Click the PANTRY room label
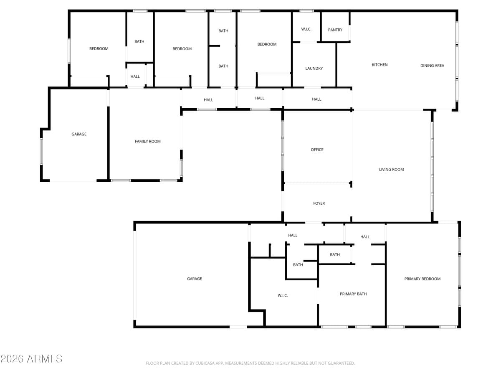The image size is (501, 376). (335, 30)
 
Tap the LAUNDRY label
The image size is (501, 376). (314, 69)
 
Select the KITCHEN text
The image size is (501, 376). (380, 65)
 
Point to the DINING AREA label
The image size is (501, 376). (432, 66)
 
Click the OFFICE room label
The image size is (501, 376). (317, 150)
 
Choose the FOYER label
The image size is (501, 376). (319, 203)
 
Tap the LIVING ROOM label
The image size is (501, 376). (392, 170)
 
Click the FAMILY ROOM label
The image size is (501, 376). (148, 142)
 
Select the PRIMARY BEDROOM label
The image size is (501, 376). (423, 279)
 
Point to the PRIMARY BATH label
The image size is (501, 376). (353, 294)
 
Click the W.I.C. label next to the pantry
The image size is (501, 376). (306, 29)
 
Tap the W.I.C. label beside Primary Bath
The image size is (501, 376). (283, 296)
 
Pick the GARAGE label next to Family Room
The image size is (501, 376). (79, 134)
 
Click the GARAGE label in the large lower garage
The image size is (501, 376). (195, 279)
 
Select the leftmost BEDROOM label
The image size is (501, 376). (99, 49)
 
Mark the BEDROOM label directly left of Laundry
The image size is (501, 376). (267, 44)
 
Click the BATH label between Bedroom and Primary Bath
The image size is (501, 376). (335, 255)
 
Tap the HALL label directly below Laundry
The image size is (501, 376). (317, 99)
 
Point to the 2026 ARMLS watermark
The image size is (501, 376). (31, 358)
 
